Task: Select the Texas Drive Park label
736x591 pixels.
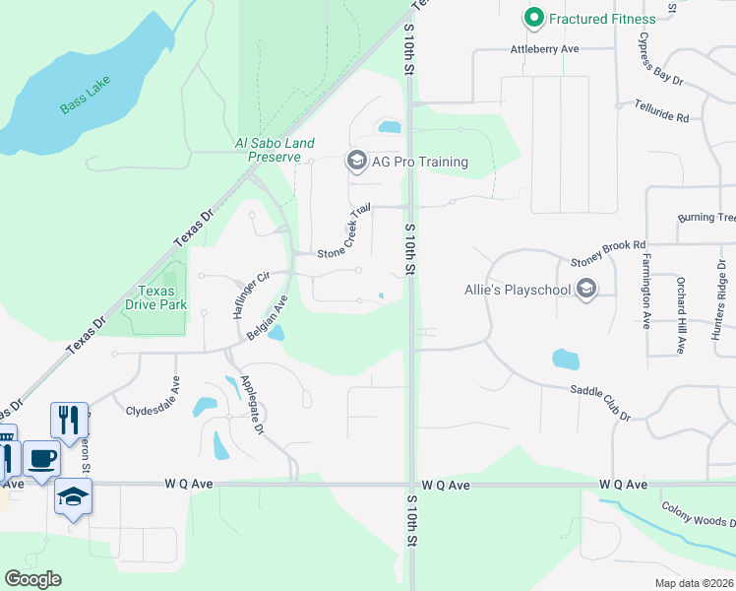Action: [x=156, y=297]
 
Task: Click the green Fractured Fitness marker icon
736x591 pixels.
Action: [x=534, y=17]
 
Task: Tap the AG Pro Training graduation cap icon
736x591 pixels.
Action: [x=356, y=162]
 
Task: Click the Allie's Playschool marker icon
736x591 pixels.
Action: [x=587, y=289]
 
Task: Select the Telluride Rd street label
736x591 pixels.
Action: [x=661, y=110]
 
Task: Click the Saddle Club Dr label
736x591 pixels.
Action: [x=599, y=403]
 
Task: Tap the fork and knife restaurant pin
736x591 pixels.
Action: [x=69, y=420]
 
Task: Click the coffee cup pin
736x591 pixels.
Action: [x=40, y=459]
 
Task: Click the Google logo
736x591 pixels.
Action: [x=32, y=578]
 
